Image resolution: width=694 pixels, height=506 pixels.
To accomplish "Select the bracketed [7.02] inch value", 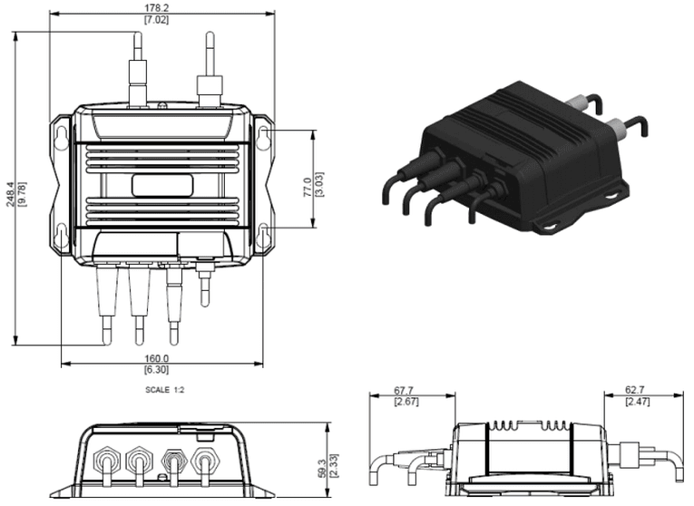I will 161,20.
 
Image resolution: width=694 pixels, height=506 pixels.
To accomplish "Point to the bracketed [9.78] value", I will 21,192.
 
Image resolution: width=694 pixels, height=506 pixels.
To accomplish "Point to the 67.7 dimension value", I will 403,391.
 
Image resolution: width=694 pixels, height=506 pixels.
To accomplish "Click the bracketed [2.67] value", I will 403,402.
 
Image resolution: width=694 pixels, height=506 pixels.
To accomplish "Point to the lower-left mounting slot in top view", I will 60,235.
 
